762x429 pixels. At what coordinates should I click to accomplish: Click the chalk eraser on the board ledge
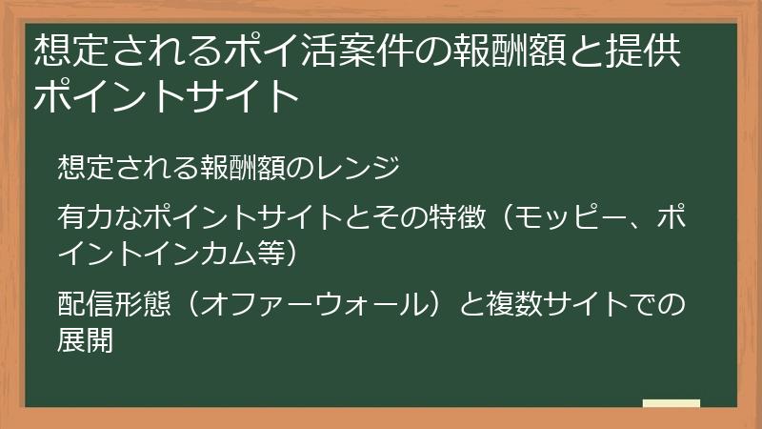click(672, 404)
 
